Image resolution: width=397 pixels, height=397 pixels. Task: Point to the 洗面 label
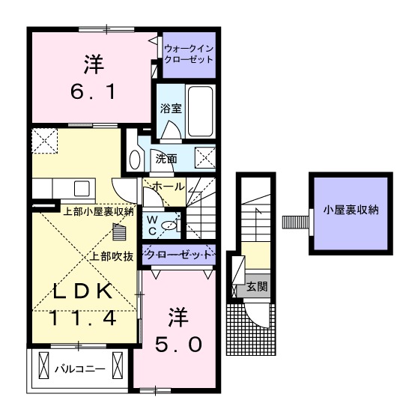(166, 159)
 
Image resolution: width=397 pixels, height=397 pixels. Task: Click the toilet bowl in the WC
(170, 224)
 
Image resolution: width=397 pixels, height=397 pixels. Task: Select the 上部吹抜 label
(112, 256)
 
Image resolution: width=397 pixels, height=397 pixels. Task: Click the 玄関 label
(258, 286)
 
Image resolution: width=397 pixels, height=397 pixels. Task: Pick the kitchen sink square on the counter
(81, 187)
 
